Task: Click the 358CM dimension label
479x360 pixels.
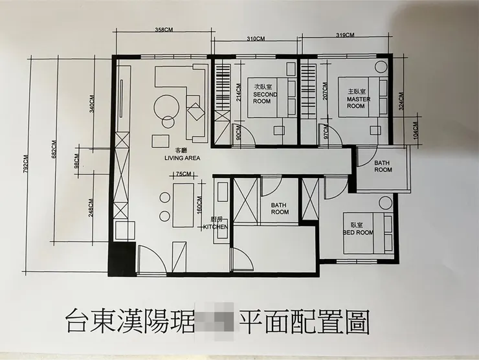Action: point(164,30)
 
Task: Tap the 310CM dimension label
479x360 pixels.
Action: point(256,39)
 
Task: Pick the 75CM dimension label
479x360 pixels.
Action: point(184,174)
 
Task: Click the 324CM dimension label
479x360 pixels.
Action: point(401,106)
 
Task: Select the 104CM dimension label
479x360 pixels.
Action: point(416,132)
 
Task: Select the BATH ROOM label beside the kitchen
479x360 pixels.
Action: point(280,208)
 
